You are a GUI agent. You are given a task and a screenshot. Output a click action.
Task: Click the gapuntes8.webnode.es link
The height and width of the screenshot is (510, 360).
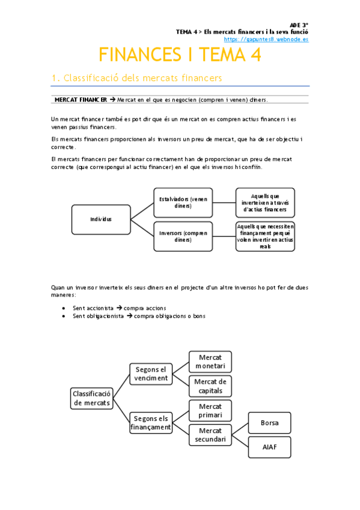pos(270,38)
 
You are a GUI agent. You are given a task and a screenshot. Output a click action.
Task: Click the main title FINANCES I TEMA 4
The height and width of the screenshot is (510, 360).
pos(180,55)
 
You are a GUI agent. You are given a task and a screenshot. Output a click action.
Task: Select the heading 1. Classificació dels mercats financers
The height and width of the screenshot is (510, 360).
pos(137,78)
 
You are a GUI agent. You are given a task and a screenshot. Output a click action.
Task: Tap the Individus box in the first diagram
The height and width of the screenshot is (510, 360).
pos(101,219)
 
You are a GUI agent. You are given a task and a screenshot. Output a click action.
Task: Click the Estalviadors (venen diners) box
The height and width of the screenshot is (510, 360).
pos(183,203)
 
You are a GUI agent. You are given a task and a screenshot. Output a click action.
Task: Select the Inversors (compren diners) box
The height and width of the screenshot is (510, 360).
pos(183,236)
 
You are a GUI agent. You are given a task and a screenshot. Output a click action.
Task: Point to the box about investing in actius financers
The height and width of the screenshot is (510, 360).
pos(264,203)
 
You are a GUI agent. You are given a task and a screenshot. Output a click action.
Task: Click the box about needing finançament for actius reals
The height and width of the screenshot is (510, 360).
pos(264,236)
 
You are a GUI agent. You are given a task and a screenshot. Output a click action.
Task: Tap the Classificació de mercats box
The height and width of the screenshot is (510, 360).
pos(91,398)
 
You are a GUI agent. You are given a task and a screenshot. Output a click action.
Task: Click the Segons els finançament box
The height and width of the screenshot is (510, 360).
pos(151,423)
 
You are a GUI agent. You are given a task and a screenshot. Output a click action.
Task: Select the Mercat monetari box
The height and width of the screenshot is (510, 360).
pos(210,361)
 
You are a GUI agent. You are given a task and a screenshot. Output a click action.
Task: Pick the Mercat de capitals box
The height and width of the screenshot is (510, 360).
pos(210,386)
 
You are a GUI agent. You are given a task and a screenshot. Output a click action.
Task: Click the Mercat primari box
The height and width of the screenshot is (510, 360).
pos(210,411)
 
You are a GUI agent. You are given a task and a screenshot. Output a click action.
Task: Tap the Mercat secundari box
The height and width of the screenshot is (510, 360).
pos(210,435)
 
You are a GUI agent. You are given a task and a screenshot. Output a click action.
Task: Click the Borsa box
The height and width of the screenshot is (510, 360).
pos(269,423)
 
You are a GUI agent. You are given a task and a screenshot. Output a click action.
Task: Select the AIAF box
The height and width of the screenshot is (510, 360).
pos(269,447)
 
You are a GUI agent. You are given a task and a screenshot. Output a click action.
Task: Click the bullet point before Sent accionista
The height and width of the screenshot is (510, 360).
pos(64,308)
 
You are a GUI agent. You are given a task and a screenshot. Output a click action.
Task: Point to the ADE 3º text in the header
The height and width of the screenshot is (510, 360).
pos(299,25)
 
